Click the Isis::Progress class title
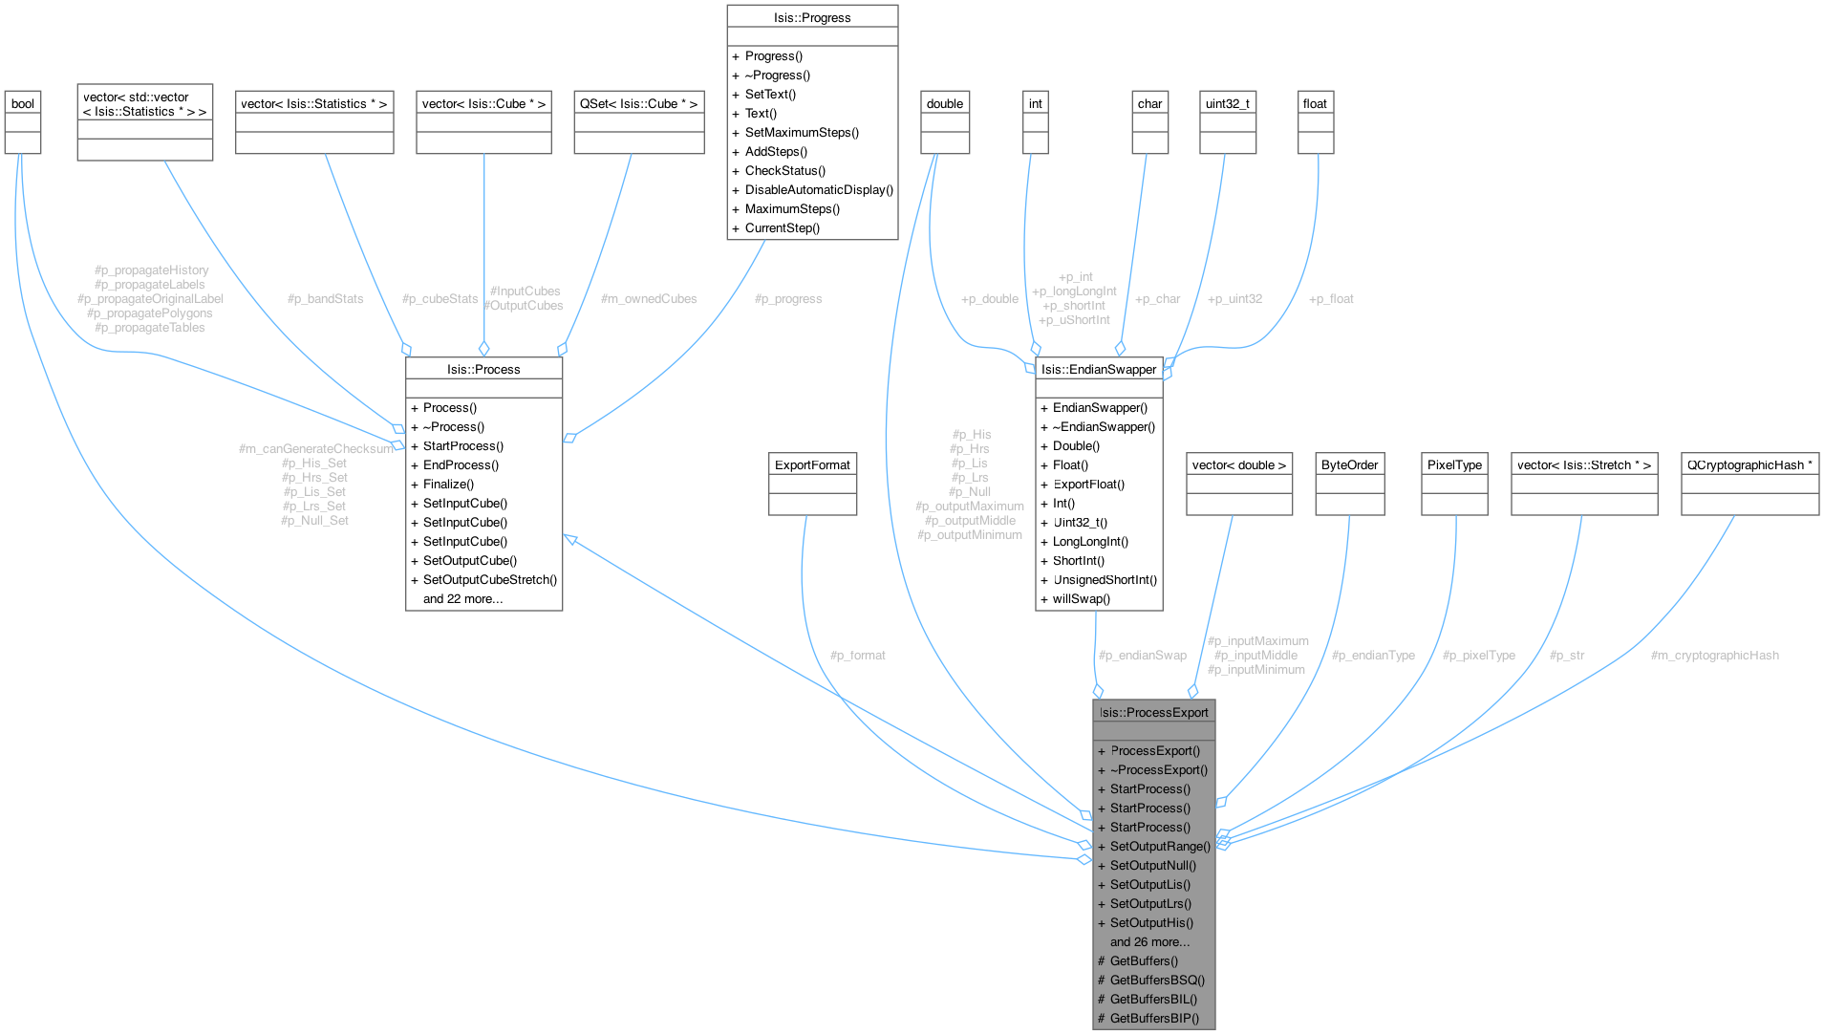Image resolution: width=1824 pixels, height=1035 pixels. (812, 17)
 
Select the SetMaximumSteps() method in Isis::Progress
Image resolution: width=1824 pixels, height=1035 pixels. (802, 132)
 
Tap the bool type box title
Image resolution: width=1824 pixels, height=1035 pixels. (23, 103)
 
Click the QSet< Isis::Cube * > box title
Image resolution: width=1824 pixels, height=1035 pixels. (638, 103)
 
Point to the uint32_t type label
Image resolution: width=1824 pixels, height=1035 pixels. (1228, 103)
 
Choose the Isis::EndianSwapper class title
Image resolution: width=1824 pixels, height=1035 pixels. (1099, 369)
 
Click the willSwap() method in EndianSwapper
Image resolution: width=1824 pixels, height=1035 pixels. (1082, 598)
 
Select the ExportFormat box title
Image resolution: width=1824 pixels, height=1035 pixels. (812, 464)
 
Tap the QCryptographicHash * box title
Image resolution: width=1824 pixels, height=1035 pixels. (1749, 464)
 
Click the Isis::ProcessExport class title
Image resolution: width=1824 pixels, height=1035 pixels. (1153, 712)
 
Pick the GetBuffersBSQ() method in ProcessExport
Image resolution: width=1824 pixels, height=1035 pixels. (1157, 980)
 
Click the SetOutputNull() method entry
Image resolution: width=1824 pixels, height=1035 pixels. (1152, 865)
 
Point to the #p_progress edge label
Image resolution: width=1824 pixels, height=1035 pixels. (788, 299)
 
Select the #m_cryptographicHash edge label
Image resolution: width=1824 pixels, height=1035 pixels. (1714, 656)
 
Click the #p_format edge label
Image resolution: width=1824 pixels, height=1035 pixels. (857, 656)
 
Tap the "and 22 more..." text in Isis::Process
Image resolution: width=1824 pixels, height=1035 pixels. (462, 598)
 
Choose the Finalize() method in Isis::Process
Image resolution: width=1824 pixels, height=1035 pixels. (448, 484)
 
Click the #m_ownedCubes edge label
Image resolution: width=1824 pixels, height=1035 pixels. (649, 299)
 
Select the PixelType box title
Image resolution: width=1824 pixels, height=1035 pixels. (1454, 464)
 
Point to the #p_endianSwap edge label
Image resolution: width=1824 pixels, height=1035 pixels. (1142, 656)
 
